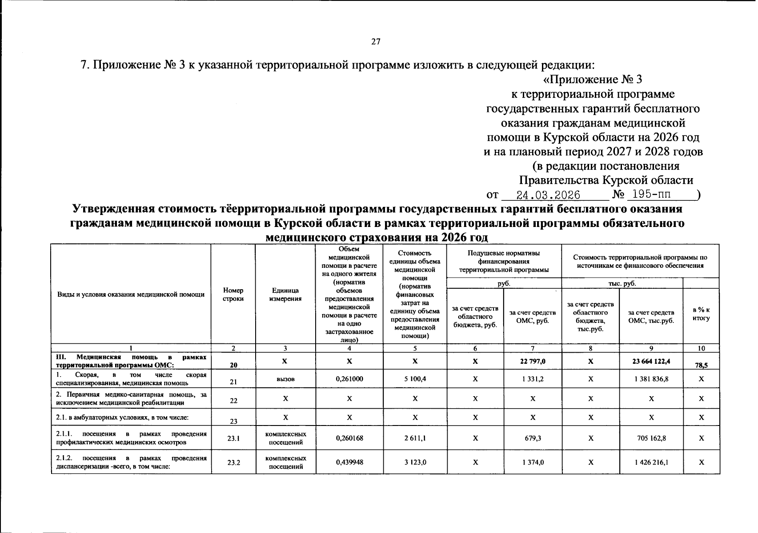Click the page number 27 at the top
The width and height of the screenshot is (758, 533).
click(376, 42)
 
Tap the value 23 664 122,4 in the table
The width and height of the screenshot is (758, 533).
click(651, 361)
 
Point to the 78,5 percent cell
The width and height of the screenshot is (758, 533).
click(701, 365)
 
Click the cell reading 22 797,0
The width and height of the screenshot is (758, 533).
click(532, 361)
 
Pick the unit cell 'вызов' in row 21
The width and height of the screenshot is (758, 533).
click(285, 379)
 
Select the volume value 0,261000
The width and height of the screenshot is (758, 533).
click(349, 379)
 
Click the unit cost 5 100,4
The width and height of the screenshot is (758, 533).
click(415, 379)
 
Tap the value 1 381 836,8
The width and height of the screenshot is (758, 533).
click(651, 379)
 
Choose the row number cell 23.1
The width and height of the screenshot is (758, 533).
click(233, 438)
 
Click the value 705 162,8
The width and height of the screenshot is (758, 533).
click(651, 438)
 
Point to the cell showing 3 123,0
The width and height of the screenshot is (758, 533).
click(415, 462)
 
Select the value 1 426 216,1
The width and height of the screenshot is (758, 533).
click(651, 462)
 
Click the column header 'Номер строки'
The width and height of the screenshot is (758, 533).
click(233, 294)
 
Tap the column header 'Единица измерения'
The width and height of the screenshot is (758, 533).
click(285, 294)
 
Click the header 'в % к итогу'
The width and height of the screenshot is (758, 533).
click(701, 314)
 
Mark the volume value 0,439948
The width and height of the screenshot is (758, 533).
click(349, 462)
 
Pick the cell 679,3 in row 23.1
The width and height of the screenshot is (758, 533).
click(532, 438)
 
